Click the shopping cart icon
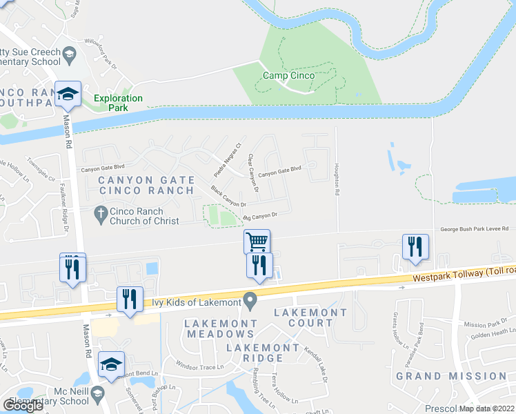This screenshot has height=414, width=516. pyautogui.click(x=257, y=241)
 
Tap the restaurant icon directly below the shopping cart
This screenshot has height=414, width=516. pyautogui.click(x=259, y=266)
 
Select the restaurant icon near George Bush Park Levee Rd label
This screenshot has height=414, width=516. pyautogui.click(x=415, y=247)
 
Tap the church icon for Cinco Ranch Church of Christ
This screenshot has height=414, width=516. pyautogui.click(x=100, y=216)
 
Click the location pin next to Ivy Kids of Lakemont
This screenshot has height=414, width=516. pyautogui.click(x=251, y=301)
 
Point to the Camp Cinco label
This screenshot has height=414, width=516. pyautogui.click(x=288, y=75)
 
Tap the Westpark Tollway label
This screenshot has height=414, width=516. pyautogui.click(x=462, y=274)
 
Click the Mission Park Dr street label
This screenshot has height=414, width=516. pyautogui.click(x=480, y=324)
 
